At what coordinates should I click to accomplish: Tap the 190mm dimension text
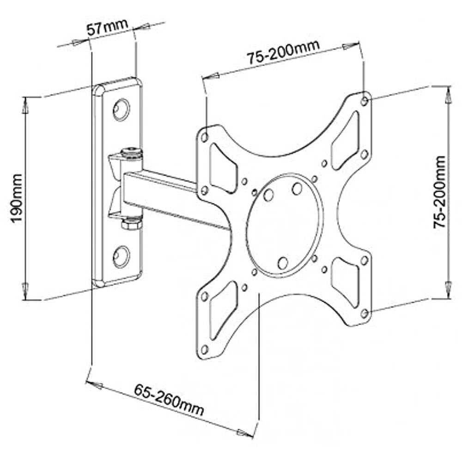tap(17, 198)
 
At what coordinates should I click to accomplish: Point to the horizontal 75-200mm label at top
tap(283, 54)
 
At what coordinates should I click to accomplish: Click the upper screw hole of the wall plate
tap(122, 109)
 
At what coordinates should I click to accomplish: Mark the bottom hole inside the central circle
tap(283, 262)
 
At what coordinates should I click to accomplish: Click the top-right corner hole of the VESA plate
tap(365, 100)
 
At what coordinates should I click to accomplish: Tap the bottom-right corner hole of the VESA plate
tap(365, 313)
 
